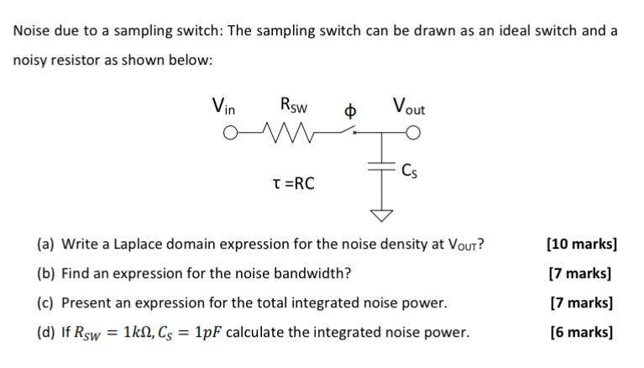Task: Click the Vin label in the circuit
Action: [224, 108]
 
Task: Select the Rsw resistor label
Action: [294, 108]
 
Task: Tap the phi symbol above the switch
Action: [353, 111]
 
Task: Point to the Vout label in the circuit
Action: [408, 108]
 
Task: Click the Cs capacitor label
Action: [409, 172]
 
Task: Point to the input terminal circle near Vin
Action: [231, 133]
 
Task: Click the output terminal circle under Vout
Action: [411, 133]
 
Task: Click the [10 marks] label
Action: [581, 244]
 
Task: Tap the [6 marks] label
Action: [581, 332]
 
